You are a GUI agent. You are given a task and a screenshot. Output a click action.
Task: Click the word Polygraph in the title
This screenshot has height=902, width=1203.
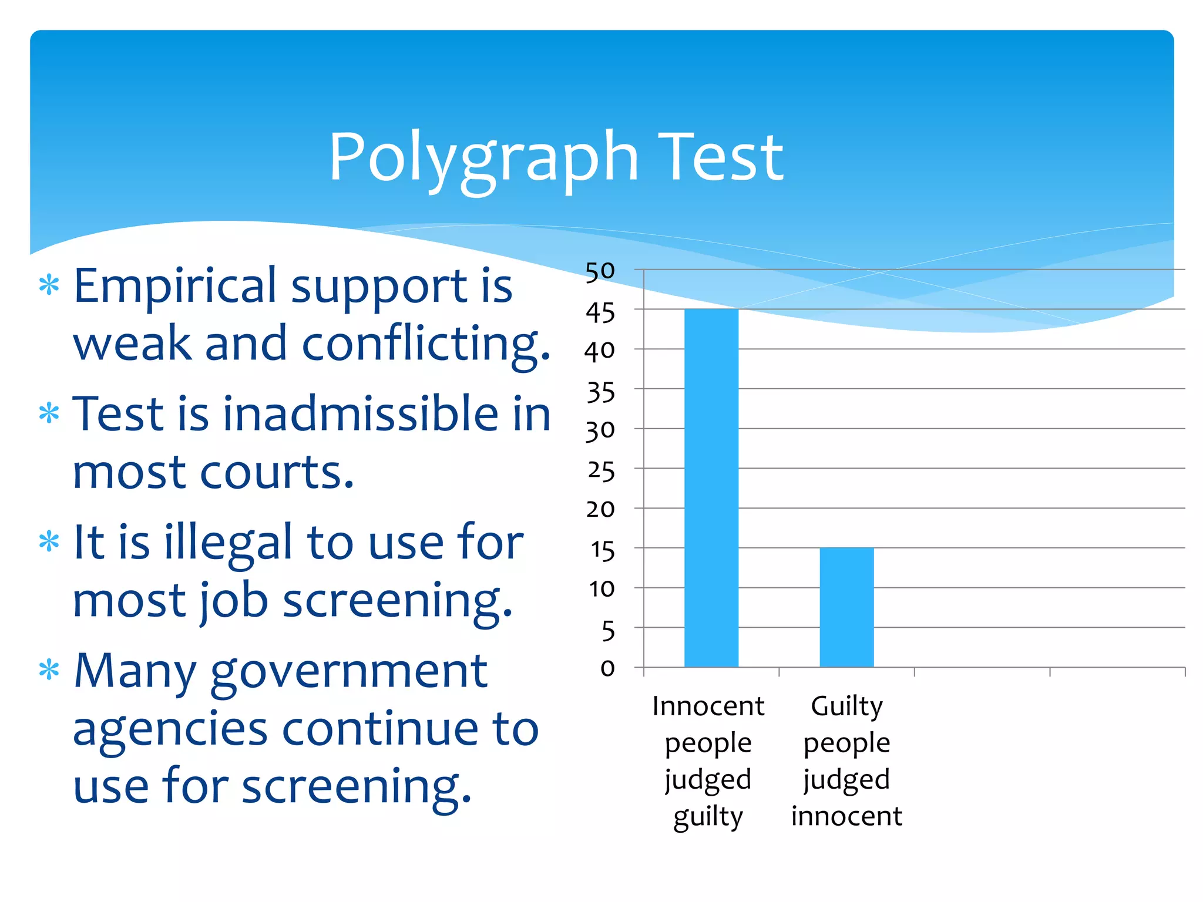[483, 157]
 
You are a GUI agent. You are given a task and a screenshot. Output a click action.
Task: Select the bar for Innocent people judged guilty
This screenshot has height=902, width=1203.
[711, 487]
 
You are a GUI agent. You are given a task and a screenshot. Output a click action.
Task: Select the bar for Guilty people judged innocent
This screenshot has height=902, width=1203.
[846, 607]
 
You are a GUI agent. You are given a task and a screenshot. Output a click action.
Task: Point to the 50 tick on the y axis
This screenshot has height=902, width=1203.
[600, 271]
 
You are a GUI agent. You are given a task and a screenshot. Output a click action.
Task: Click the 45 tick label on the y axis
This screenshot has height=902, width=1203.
[600, 313]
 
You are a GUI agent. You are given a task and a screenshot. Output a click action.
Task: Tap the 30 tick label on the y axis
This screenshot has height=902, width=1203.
[600, 431]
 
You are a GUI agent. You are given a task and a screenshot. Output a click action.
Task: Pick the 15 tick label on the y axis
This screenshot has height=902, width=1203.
[602, 550]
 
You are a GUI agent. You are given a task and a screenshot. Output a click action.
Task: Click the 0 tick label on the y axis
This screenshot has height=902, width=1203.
[607, 668]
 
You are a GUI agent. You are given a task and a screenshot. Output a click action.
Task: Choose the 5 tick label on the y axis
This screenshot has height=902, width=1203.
[608, 631]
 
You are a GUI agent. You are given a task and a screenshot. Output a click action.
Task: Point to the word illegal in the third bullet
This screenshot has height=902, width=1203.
[227, 543]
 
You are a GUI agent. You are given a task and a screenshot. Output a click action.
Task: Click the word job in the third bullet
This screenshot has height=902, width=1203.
[234, 601]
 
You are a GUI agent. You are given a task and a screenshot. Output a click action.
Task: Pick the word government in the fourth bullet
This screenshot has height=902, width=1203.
[349, 672]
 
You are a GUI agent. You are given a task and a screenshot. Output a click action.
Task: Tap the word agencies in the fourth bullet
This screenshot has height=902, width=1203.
[170, 731]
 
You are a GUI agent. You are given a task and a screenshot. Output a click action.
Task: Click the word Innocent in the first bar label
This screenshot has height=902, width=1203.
[708, 706]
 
